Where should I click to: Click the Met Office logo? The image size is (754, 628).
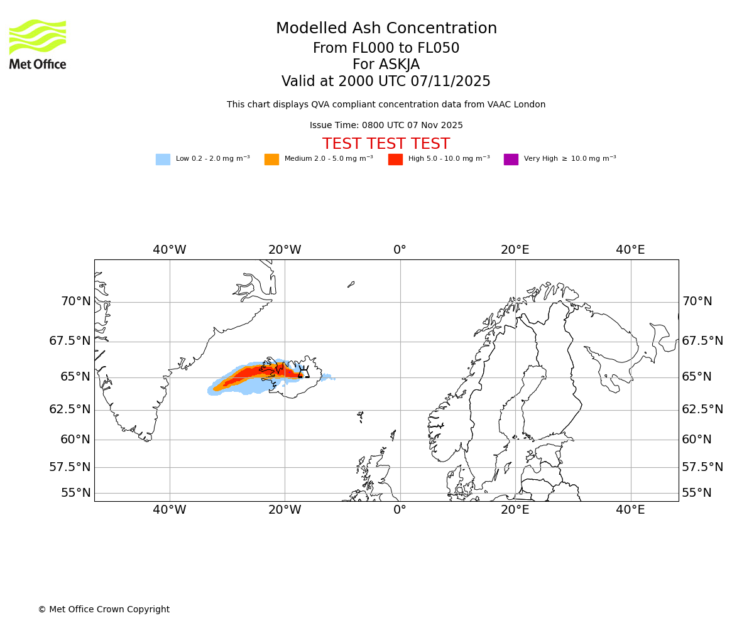click(x=38, y=44)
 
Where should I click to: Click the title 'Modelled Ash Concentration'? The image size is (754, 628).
click(x=386, y=29)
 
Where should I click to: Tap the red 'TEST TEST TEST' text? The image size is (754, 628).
click(x=386, y=144)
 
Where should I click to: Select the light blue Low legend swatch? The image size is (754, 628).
click(x=163, y=160)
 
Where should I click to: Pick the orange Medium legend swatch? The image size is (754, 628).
click(x=271, y=160)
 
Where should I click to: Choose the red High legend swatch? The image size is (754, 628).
click(x=395, y=160)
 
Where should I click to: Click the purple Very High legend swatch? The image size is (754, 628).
click(x=511, y=160)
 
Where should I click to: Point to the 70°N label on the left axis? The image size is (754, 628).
click(x=76, y=301)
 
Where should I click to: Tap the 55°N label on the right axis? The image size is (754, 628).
click(x=697, y=493)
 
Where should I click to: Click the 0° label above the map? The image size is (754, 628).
click(x=400, y=250)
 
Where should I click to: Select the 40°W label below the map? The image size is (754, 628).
click(x=170, y=510)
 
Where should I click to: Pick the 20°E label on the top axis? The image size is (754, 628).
click(x=515, y=250)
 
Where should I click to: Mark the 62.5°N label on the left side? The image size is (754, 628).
click(x=70, y=409)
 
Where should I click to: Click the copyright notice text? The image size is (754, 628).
click(x=104, y=609)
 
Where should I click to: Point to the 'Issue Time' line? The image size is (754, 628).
click(x=386, y=126)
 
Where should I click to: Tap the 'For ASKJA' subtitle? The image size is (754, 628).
click(x=386, y=65)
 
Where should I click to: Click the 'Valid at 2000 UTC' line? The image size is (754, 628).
click(x=386, y=82)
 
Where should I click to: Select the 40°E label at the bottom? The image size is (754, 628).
click(x=630, y=510)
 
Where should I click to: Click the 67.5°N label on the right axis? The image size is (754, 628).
click(x=702, y=341)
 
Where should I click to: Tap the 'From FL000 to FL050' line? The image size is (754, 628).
click(x=386, y=48)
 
